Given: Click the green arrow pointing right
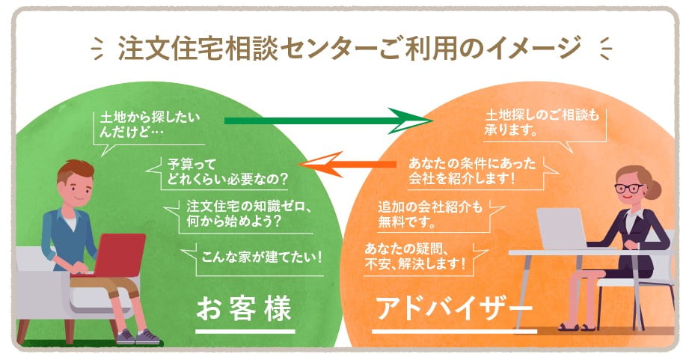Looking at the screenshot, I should [329, 120].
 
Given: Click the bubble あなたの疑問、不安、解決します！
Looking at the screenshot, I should [419, 257].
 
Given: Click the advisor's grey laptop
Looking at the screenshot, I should [560, 228].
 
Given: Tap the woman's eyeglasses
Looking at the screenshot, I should [629, 187].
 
